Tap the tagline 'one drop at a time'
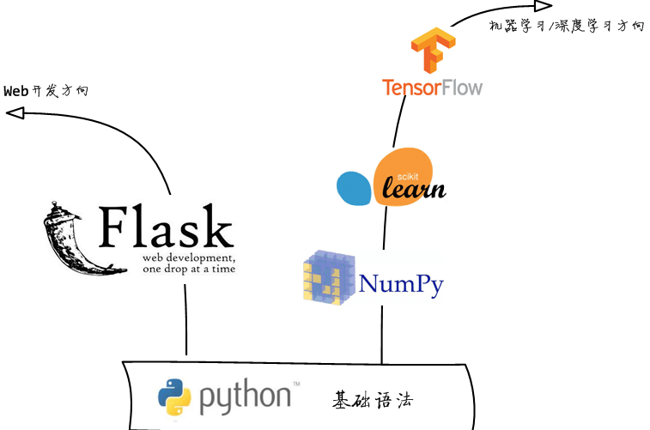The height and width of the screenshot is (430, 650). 189,269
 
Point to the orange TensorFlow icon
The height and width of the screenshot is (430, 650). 431,51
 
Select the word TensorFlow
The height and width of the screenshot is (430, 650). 433,88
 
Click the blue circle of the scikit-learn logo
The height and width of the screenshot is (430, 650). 354,189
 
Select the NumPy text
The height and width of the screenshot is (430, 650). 401,284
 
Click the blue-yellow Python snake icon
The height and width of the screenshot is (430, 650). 174,397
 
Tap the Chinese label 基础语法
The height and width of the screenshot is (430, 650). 374,399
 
